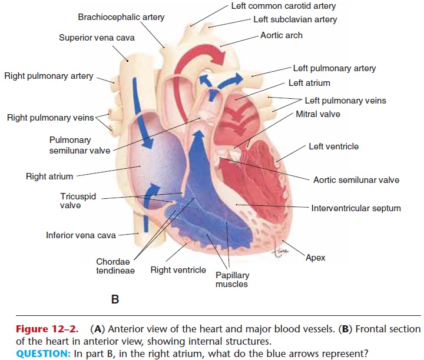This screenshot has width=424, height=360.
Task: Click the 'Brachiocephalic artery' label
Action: pyautogui.click(x=121, y=17)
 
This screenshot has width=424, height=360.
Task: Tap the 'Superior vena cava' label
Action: pyautogui.click(x=97, y=38)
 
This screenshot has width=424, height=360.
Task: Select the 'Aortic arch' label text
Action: pyautogui.click(x=281, y=35)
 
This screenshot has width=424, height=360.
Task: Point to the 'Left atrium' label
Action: pyautogui.click(x=309, y=83)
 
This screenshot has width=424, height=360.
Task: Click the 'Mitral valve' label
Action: pyautogui.click(x=318, y=114)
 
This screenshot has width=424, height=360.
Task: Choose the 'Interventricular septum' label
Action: pyautogui.click(x=356, y=208)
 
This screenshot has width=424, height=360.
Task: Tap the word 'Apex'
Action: pyautogui.click(x=316, y=258)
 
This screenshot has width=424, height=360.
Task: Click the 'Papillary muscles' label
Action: pyautogui.click(x=232, y=279)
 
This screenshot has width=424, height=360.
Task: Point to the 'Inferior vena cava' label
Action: pyautogui.click(x=81, y=235)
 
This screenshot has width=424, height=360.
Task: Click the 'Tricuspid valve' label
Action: pyautogui.click(x=78, y=201)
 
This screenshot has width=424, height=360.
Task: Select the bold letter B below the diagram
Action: pyautogui.click(x=115, y=299)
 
